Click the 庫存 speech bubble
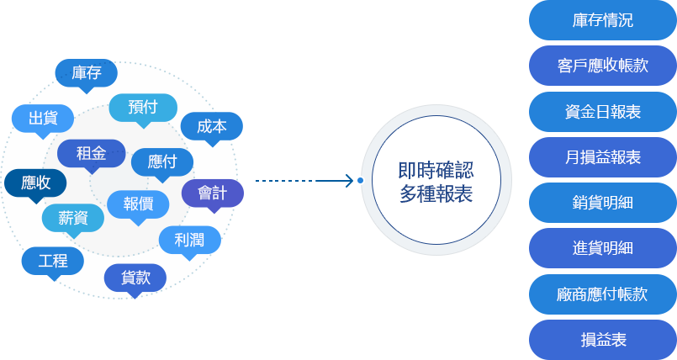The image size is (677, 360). [x=87, y=73]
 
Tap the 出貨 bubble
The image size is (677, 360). [x=42, y=117]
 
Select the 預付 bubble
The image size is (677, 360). [x=143, y=107]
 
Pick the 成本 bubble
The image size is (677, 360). [x=211, y=127]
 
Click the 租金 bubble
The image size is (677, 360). [x=91, y=153]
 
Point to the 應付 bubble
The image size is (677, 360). [x=161, y=161]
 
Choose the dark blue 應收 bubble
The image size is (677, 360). [x=35, y=183]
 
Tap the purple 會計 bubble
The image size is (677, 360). [x=213, y=193]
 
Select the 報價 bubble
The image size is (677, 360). [x=139, y=204]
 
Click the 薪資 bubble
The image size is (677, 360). [x=73, y=217]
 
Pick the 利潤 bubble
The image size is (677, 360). [x=189, y=240]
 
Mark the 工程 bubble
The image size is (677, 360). [x=52, y=261]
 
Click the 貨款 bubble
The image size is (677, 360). [x=135, y=278]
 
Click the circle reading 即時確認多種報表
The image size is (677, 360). [x=436, y=180]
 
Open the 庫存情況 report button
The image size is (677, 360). [x=602, y=21]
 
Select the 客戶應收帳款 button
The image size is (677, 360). [x=602, y=66]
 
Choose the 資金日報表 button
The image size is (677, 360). [x=602, y=111]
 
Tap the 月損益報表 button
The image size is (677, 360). [x=602, y=157]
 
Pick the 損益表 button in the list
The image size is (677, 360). [x=603, y=340]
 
